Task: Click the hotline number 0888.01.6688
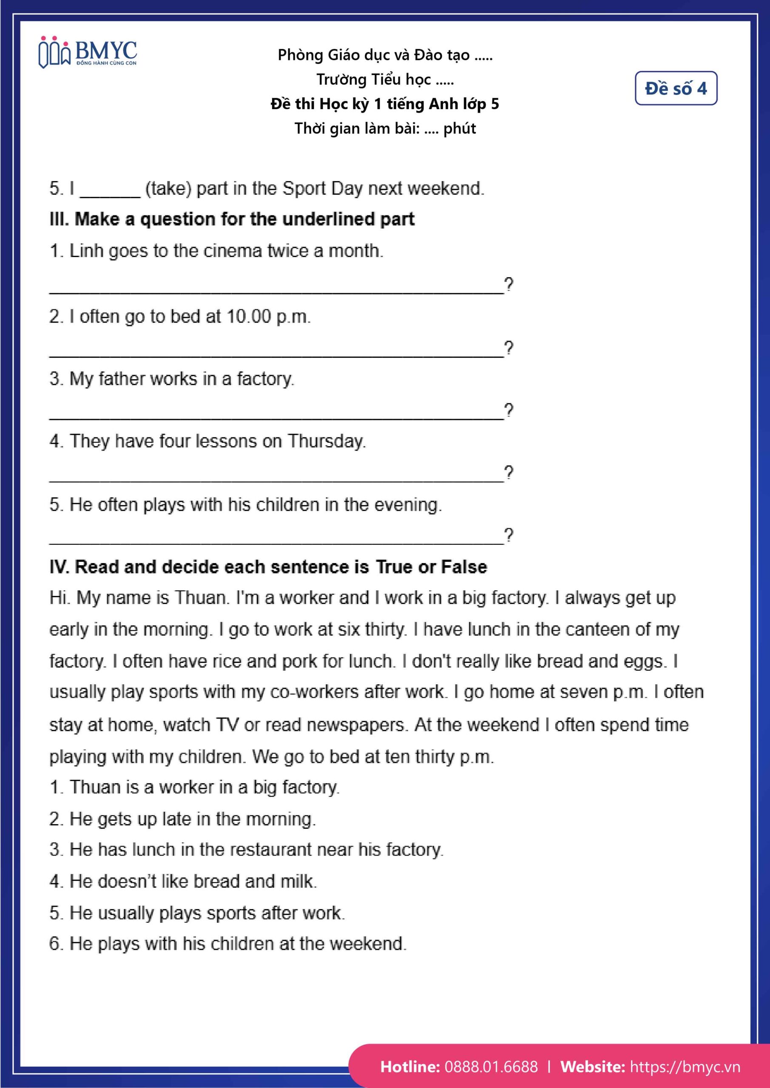(x=491, y=1066)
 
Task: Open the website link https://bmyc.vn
(x=685, y=1066)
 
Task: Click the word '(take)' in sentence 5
(x=168, y=189)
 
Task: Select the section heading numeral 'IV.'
(x=60, y=567)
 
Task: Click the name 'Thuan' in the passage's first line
(x=201, y=598)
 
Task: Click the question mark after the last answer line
(x=508, y=535)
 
